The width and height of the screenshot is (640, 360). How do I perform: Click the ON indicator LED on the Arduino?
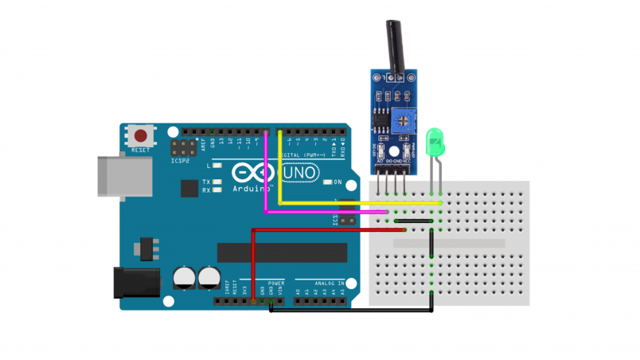click(327, 182)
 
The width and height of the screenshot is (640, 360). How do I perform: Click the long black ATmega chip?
click(282, 252)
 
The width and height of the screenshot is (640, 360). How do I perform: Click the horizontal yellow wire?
click(358, 203)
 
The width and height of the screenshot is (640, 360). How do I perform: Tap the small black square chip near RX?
click(189, 188)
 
